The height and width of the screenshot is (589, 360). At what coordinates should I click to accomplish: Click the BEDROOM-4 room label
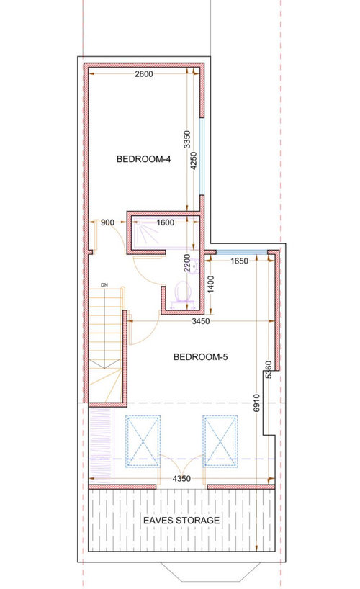(x=143, y=159)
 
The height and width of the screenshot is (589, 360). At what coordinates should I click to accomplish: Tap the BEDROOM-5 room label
(x=201, y=357)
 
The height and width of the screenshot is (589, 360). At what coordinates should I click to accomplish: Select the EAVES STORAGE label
(x=181, y=521)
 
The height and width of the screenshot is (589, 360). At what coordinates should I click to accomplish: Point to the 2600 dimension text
(x=144, y=74)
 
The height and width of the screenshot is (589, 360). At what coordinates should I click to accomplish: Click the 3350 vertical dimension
(x=187, y=140)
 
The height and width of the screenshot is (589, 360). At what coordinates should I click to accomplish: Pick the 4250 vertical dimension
(x=194, y=161)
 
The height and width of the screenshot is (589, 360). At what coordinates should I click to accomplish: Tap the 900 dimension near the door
(x=107, y=222)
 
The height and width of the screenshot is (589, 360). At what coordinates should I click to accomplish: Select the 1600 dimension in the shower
(x=165, y=222)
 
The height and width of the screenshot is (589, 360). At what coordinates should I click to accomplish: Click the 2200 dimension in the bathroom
(x=187, y=263)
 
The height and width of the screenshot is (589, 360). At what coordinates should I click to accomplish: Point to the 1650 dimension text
(x=239, y=261)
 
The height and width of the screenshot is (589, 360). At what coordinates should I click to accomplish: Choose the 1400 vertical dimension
(x=211, y=284)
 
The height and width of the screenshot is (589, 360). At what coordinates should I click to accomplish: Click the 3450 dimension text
(x=201, y=321)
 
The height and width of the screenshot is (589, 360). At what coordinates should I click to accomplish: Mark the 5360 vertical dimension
(x=269, y=370)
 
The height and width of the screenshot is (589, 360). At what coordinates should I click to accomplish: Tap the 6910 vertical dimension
(x=256, y=403)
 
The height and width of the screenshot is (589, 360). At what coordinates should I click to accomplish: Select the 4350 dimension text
(x=181, y=479)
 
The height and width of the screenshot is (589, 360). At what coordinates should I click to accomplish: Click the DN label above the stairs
(x=104, y=285)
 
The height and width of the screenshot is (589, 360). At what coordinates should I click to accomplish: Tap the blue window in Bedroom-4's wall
(x=202, y=157)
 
